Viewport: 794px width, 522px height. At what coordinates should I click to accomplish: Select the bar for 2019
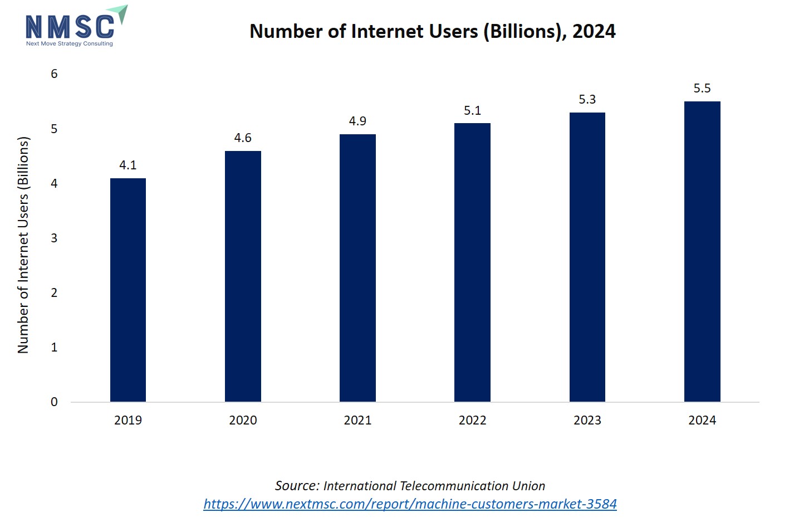pyautogui.click(x=128, y=290)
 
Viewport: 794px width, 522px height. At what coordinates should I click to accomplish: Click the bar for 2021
pyautogui.click(x=357, y=268)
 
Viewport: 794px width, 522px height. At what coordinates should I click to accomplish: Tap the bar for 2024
pyautogui.click(x=702, y=251)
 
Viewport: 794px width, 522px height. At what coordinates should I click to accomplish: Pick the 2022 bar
pyautogui.click(x=472, y=262)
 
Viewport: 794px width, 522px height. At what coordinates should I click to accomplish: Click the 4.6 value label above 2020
pyautogui.click(x=243, y=138)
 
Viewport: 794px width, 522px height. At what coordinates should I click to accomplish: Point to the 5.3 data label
pyautogui.click(x=587, y=99)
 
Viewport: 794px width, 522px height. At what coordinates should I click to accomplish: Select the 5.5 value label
pyautogui.click(x=702, y=88)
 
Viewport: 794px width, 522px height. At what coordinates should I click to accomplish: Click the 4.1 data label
pyautogui.click(x=128, y=165)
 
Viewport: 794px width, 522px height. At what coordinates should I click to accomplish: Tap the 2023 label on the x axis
pyautogui.click(x=587, y=420)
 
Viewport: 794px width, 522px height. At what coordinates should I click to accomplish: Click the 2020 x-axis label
pyautogui.click(x=243, y=420)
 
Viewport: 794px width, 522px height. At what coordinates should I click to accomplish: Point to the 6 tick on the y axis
pyautogui.click(x=54, y=74)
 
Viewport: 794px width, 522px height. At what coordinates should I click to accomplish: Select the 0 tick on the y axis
pyautogui.click(x=54, y=402)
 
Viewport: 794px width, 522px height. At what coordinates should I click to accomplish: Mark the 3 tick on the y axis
pyautogui.click(x=54, y=238)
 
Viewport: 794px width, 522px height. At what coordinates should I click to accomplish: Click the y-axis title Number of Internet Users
pyautogui.click(x=23, y=245)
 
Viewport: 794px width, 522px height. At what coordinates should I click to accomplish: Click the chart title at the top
pyautogui.click(x=432, y=31)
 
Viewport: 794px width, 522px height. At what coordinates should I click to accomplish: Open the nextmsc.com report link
pyautogui.click(x=410, y=504)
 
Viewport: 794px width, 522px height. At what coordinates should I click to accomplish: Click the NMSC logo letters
pyautogui.click(x=70, y=27)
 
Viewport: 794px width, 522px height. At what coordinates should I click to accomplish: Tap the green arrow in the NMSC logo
pyautogui.click(x=119, y=13)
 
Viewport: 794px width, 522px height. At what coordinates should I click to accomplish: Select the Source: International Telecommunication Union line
pyautogui.click(x=410, y=486)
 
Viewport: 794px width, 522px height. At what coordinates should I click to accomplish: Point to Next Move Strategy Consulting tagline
pyautogui.click(x=70, y=43)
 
